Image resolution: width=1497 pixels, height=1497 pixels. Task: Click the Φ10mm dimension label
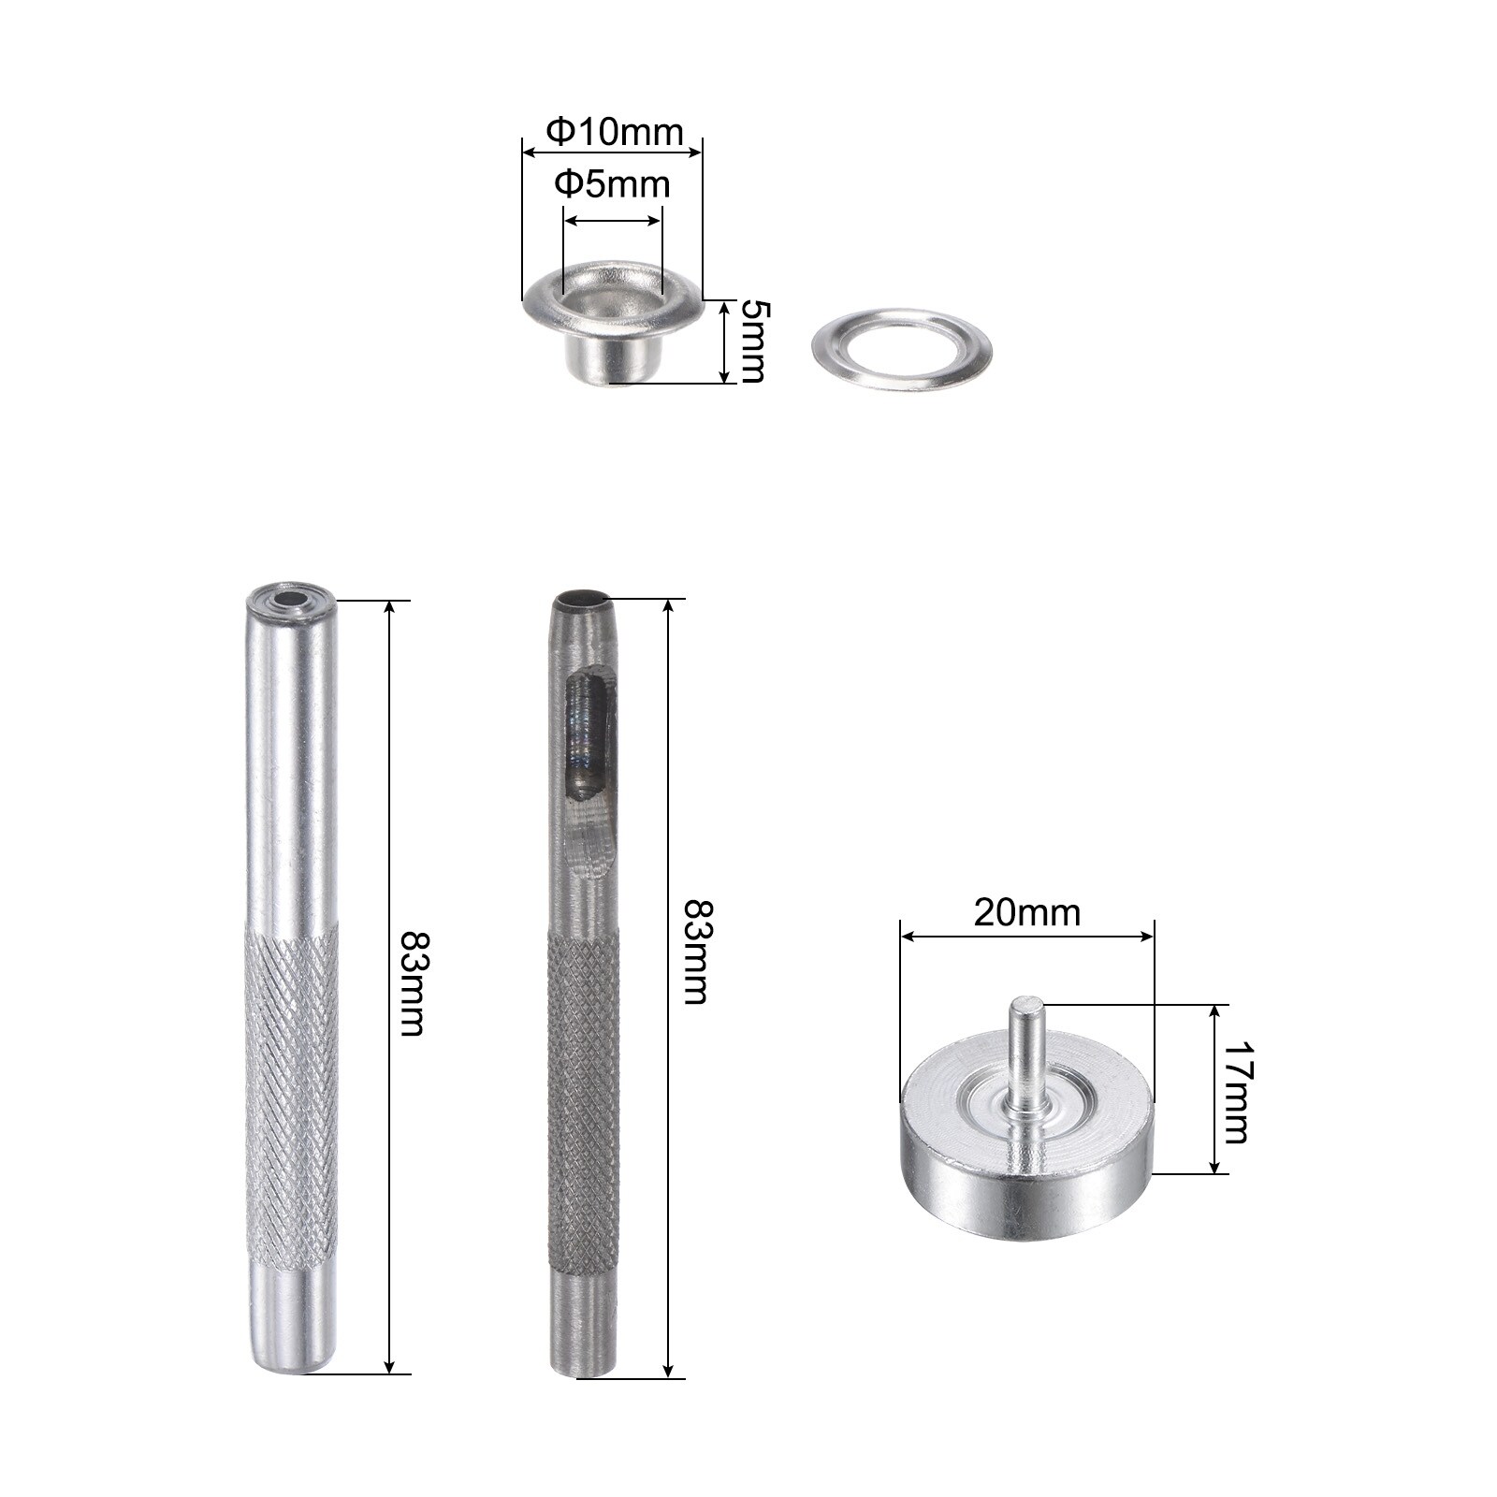pyautogui.click(x=614, y=132)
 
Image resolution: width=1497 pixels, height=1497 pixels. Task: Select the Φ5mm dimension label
pyautogui.click(x=612, y=183)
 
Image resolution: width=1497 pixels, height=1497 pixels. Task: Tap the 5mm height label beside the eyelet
pyautogui.click(x=752, y=341)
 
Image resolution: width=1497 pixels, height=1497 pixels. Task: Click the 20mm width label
pyautogui.click(x=1026, y=912)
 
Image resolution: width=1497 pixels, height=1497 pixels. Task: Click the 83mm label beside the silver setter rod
pyautogui.click(x=412, y=982)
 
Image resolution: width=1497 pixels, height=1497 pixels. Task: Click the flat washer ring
pyautogui.click(x=903, y=350)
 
